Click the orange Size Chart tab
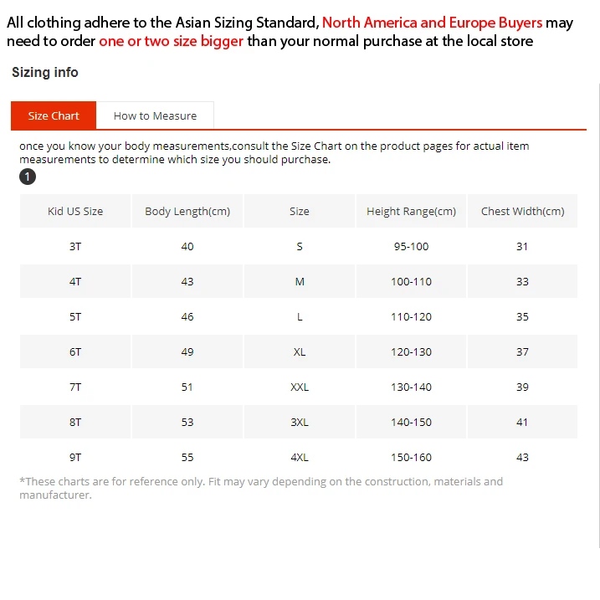54,115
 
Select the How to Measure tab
155,115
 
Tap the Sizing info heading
45,73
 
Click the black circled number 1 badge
28,177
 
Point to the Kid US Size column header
75,212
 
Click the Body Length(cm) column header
187,212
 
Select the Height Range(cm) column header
411,212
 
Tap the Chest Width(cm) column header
522,212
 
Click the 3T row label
75,247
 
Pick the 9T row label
75,458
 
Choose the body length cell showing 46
187,317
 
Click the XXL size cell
300,387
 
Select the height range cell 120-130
411,352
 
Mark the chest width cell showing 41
522,423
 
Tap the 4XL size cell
300,458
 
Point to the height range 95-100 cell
411,247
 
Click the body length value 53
187,423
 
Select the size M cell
300,282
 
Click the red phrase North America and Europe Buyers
432,23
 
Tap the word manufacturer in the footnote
54,495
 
